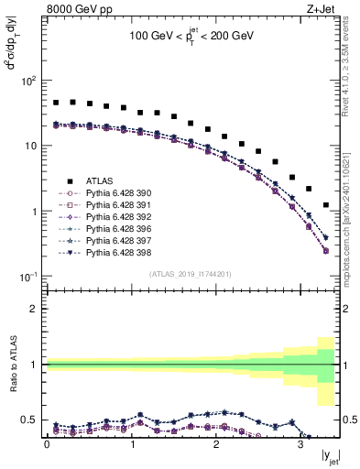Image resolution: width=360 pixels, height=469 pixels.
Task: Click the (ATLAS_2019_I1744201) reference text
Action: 191,274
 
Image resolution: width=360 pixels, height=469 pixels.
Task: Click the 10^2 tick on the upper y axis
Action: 28,81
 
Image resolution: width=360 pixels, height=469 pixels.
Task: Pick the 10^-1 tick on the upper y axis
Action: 28,277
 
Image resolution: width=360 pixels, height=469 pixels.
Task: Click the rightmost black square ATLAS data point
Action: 326,205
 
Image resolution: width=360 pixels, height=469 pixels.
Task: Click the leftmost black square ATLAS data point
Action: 56,103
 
